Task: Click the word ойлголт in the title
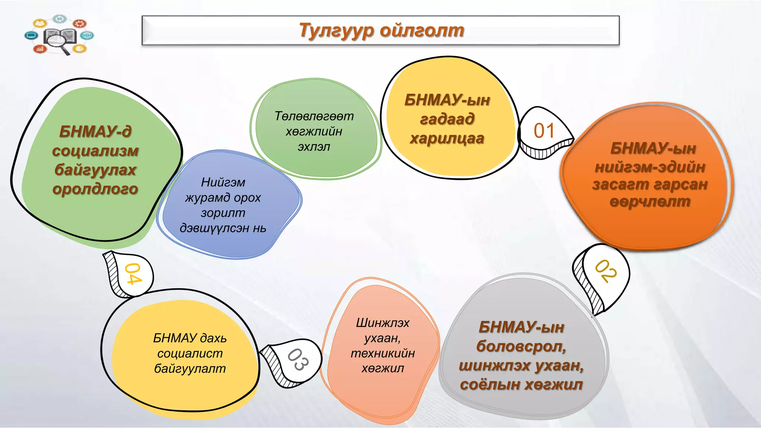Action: [422, 30]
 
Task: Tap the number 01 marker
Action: [544, 131]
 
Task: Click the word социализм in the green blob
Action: [95, 151]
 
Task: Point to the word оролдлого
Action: [95, 189]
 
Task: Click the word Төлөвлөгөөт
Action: [314, 116]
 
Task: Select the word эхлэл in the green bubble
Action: [314, 147]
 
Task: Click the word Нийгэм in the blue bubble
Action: [223, 182]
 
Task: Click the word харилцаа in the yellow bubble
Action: [447, 139]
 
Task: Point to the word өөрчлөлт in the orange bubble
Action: [650, 202]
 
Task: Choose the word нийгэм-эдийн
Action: [650, 167]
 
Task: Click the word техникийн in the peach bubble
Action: [383, 353]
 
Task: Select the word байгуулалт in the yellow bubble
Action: [190, 369]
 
